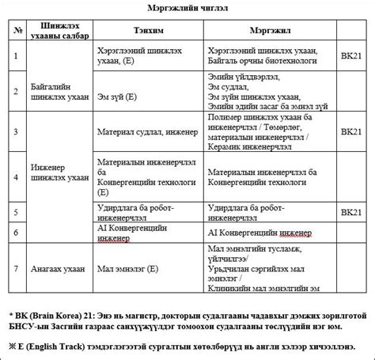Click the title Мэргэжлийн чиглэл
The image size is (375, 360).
(187, 7)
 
